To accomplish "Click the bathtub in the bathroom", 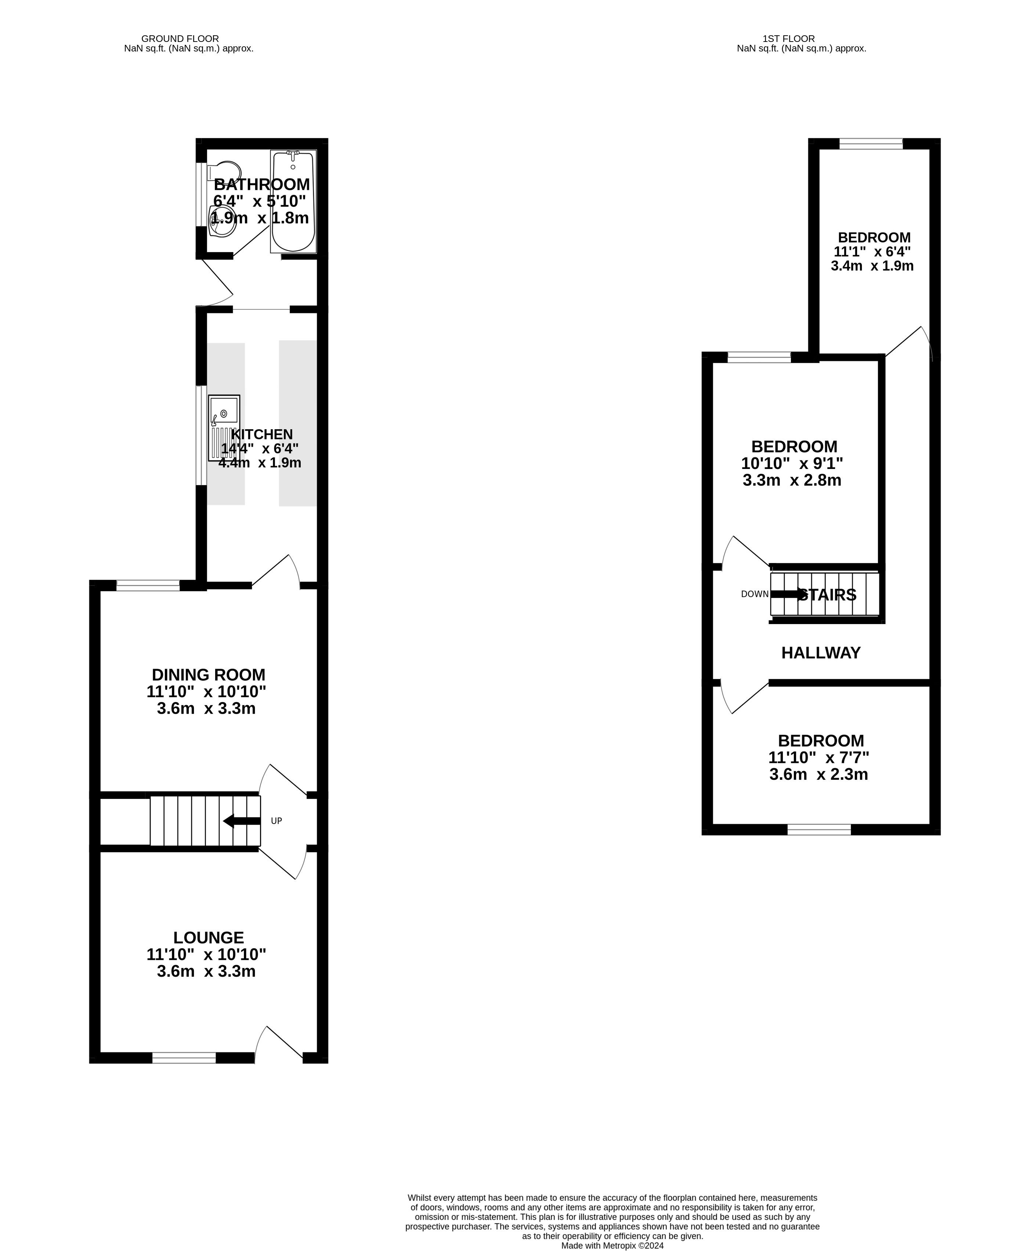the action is coord(293,202).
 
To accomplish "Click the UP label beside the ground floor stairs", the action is coord(277,821).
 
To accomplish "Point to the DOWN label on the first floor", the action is coord(755,594).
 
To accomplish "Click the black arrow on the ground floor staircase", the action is coord(242,821).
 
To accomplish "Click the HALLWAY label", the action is coord(821,653).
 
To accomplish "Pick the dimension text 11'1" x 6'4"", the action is coord(872,252).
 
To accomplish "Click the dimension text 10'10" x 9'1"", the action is coord(792,463).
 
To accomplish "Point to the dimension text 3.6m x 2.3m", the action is coord(819,774).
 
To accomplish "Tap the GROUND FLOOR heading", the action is coord(180,39).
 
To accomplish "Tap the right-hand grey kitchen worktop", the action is coord(298,423).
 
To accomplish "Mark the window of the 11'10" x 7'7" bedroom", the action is coord(819,829).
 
